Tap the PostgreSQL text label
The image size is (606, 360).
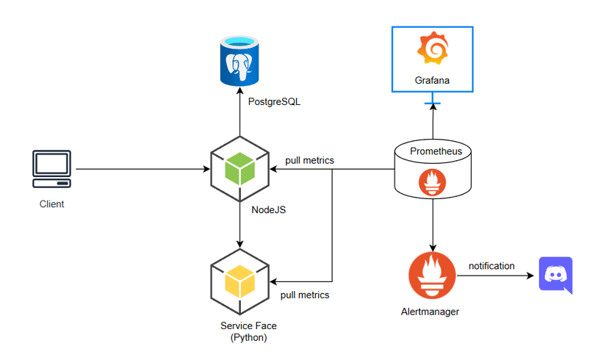(x=274, y=102)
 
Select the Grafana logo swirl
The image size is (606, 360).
(x=432, y=48)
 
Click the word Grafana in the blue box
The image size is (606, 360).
(x=432, y=79)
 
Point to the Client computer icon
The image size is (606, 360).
(x=51, y=169)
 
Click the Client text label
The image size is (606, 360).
(x=51, y=204)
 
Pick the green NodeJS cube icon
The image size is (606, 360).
(x=239, y=170)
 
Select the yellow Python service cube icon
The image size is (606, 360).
(x=239, y=281)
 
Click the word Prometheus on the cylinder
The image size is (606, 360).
(x=436, y=151)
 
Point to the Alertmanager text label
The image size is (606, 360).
(x=433, y=312)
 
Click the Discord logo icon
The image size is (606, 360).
(x=555, y=276)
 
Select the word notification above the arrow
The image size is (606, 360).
(x=491, y=266)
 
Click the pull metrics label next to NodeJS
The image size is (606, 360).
(x=309, y=160)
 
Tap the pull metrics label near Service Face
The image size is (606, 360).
(x=305, y=295)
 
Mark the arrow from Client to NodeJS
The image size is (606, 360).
(x=140, y=170)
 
